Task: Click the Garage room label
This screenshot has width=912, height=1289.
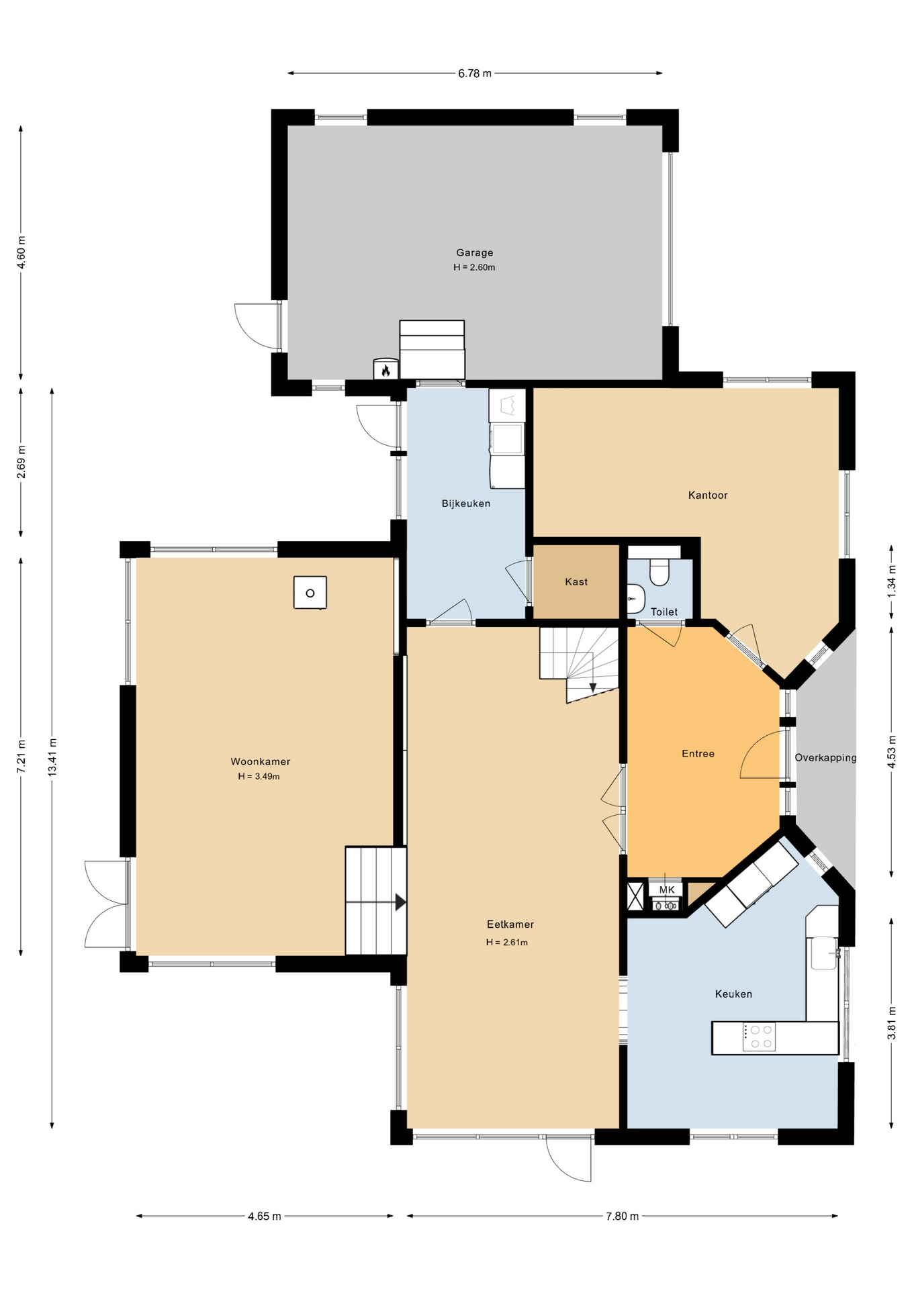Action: [474, 252]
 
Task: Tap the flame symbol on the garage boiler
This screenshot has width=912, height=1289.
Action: [385, 370]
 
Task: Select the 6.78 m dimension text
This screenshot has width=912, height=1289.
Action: [474, 73]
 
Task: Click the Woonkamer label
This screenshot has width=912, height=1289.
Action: [260, 761]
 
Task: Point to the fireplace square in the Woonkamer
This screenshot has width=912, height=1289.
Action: [310, 593]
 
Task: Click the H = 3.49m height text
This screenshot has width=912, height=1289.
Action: [259, 777]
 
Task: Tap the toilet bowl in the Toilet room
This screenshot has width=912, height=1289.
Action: [659, 573]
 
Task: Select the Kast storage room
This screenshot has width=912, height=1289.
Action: [576, 582]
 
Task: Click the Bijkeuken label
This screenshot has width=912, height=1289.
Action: [465, 504]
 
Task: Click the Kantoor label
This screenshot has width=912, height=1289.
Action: [708, 495]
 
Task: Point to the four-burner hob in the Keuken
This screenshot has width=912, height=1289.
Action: [760, 1037]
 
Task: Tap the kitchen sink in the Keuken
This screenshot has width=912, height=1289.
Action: [823, 953]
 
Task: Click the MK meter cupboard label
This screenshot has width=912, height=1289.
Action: [666, 890]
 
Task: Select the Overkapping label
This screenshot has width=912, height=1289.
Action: [825, 758]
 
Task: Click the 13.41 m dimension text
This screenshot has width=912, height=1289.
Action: [52, 757]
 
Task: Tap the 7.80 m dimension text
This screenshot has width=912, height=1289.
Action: [622, 1216]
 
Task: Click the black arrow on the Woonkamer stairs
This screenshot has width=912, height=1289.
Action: [400, 902]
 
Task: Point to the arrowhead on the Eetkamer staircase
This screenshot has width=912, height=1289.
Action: [593, 688]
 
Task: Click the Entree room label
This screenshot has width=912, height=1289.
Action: [698, 754]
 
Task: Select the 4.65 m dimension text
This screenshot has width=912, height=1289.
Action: [264, 1216]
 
